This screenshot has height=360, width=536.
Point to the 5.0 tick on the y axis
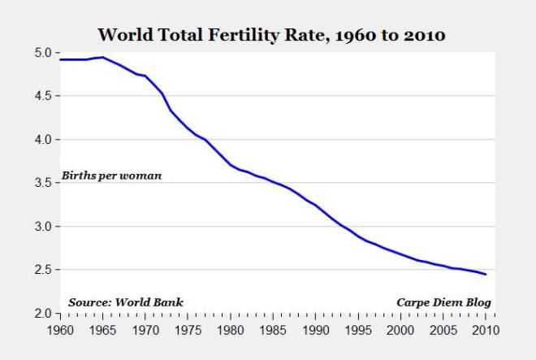click(x=43, y=53)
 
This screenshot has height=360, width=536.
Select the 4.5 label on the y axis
click(x=43, y=96)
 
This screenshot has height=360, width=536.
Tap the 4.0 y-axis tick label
click(x=43, y=140)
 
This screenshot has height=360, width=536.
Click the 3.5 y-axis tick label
click(x=43, y=183)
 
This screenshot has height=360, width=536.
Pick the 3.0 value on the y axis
click(x=43, y=227)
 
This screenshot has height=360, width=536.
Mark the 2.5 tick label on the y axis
click(x=43, y=270)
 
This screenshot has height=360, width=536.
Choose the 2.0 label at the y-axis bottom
click(x=43, y=314)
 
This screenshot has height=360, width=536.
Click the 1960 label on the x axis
click(x=62, y=330)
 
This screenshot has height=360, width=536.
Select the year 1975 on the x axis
click(x=188, y=330)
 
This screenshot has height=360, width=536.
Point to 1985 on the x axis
click(x=274, y=330)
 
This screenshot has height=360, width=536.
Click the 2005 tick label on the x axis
click(x=443, y=330)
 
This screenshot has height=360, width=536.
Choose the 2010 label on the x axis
click(x=485, y=330)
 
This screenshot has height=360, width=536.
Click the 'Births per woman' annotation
click(x=111, y=176)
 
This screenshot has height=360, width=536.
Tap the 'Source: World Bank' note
click(x=125, y=302)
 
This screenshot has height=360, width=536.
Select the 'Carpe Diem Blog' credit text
click(x=443, y=302)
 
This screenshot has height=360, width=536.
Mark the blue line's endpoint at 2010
click(x=486, y=274)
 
